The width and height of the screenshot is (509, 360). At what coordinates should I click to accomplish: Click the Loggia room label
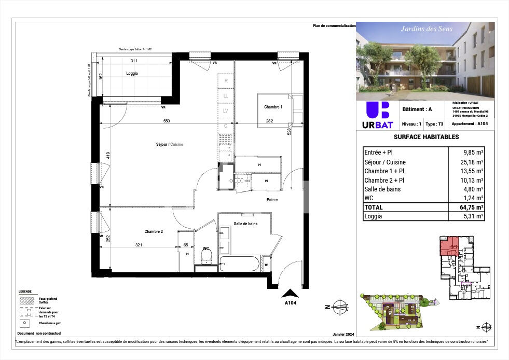132,73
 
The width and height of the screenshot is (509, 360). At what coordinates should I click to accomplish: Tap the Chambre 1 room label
273,107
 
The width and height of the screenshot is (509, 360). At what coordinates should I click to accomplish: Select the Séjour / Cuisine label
170,144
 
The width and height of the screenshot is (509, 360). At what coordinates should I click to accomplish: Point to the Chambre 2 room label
154,231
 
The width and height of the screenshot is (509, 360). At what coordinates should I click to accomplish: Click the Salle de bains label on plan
245,223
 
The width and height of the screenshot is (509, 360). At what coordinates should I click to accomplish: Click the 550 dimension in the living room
167,121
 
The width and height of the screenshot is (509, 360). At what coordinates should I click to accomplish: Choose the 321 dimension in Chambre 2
139,244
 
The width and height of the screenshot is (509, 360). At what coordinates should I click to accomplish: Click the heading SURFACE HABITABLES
426,137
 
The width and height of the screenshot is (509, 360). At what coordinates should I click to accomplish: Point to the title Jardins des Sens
427,29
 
